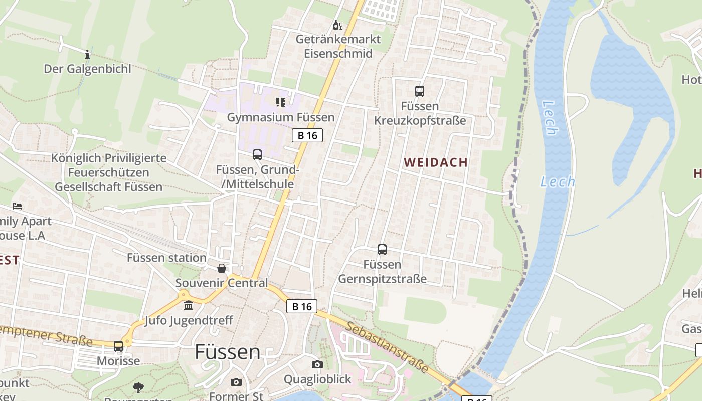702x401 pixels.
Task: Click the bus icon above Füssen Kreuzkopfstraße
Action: coord(420,91)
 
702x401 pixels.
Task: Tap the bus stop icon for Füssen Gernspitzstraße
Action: coord(382,249)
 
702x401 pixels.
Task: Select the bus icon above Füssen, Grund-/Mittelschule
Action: coord(257,155)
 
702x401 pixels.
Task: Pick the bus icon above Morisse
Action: coord(118,346)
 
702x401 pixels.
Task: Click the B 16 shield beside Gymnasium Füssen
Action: coord(307,135)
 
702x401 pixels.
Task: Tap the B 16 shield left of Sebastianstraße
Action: coord(302,306)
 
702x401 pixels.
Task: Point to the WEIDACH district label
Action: coord(435,162)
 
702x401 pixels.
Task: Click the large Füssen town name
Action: coord(228,352)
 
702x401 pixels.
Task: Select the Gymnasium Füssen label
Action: coord(281,117)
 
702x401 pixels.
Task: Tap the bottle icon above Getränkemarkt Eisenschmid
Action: coord(338,25)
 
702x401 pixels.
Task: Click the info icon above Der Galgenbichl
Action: coord(87,54)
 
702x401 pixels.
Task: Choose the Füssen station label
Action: coord(166,258)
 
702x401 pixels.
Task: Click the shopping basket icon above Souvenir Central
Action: coord(222,268)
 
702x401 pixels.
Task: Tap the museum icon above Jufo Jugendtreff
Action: coord(189,305)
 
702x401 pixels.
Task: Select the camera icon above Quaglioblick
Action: coord(317,364)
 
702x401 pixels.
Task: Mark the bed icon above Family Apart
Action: coord(17,206)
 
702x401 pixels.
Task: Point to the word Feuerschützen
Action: coord(108,173)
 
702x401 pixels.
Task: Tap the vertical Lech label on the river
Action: coord(550,118)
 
